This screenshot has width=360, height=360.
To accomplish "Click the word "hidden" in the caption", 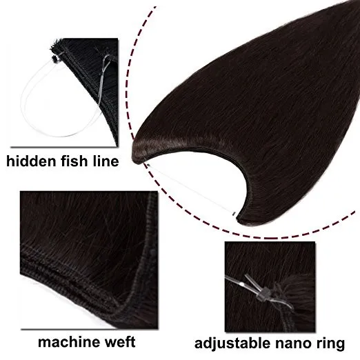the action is click(x=32, y=161).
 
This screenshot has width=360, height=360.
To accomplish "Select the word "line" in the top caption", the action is click(x=106, y=161).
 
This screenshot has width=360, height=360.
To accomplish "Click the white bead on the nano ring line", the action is click(x=241, y=285).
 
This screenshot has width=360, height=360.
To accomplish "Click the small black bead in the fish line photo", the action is click(x=55, y=59).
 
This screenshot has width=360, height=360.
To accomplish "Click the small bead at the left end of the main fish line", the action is click(x=148, y=165).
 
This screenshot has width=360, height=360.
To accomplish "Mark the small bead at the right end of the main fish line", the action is click(x=234, y=214).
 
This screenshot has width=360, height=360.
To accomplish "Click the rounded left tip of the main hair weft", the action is click(x=133, y=153).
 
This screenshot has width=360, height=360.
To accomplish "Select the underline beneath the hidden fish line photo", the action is click(x=63, y=147).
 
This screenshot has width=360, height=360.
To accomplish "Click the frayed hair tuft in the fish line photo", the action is click(x=54, y=44).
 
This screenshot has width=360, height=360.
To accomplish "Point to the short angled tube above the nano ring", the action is click(x=250, y=281).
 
